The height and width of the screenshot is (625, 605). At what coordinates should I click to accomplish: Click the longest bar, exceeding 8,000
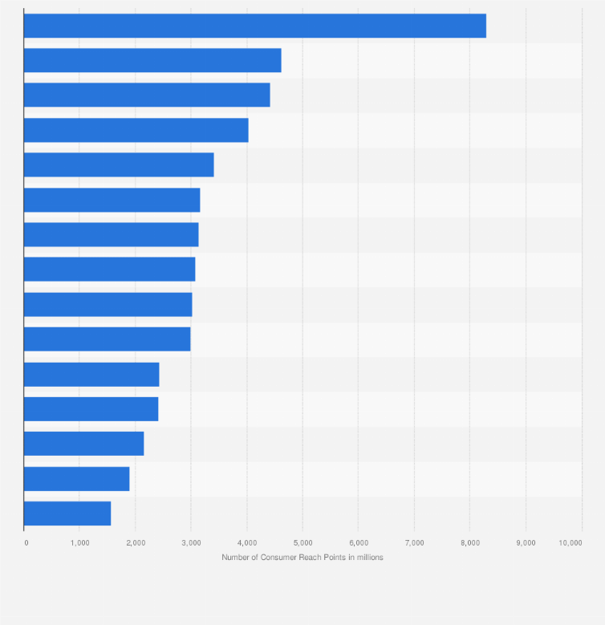click(254, 26)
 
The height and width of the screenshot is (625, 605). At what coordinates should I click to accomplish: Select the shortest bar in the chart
click(67, 513)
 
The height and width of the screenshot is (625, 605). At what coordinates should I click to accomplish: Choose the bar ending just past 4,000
click(136, 130)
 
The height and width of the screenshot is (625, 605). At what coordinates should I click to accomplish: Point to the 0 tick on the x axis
click(26, 543)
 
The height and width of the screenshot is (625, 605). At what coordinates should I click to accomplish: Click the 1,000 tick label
click(79, 543)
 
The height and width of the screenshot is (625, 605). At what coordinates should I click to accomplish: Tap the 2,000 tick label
click(135, 543)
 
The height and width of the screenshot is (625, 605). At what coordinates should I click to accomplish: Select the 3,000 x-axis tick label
click(191, 543)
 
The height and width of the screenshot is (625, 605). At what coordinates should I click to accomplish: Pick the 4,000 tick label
click(246, 543)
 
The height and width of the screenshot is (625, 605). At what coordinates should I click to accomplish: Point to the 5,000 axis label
click(302, 543)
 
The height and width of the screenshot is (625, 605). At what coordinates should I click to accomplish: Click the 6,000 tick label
click(358, 543)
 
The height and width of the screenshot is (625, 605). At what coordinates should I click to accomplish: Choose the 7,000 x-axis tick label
click(414, 543)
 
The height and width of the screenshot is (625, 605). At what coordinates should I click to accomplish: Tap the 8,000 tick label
click(469, 543)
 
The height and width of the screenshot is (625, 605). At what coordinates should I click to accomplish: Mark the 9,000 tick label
click(526, 543)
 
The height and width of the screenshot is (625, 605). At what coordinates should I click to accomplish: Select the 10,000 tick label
click(570, 543)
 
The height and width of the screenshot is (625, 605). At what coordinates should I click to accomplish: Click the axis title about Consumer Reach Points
click(302, 558)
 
